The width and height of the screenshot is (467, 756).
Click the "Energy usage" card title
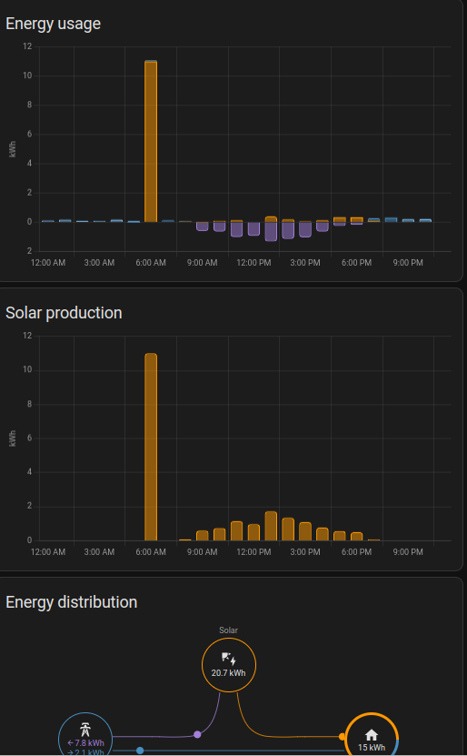pyautogui.click(x=53, y=24)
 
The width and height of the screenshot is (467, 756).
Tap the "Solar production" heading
pyautogui.click(x=64, y=313)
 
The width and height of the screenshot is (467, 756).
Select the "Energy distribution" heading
pyautogui.click(x=72, y=602)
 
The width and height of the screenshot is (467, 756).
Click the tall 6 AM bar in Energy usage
pyautogui.click(x=151, y=141)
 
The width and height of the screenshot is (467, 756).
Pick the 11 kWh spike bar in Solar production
pyautogui.click(x=151, y=446)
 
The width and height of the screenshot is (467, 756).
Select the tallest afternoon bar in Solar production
pyautogui.click(x=271, y=526)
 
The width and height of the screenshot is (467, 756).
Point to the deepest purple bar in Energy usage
pyautogui.click(x=271, y=231)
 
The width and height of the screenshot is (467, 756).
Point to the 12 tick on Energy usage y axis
pyautogui.click(x=27, y=46)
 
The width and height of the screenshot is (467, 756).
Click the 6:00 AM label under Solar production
pyautogui.click(x=151, y=552)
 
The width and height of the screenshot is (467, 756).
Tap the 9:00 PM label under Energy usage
pyautogui.click(x=408, y=263)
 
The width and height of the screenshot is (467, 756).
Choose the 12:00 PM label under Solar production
pyautogui.click(x=253, y=552)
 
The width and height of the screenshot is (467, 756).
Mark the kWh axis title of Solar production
pyautogui.click(x=13, y=438)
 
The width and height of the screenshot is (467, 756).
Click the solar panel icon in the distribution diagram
pyautogui.click(x=228, y=659)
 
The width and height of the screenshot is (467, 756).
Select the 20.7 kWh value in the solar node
pyautogui.click(x=228, y=674)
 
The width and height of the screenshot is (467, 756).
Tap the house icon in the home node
pyautogui.click(x=371, y=734)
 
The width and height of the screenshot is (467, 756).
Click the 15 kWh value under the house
pyautogui.click(x=371, y=748)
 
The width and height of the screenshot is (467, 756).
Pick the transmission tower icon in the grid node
pyautogui.click(x=84, y=730)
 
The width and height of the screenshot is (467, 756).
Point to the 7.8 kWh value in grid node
pyautogui.click(x=86, y=743)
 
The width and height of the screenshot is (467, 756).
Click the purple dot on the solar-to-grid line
pyautogui.click(x=197, y=734)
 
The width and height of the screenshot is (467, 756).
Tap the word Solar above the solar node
pyautogui.click(x=228, y=630)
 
